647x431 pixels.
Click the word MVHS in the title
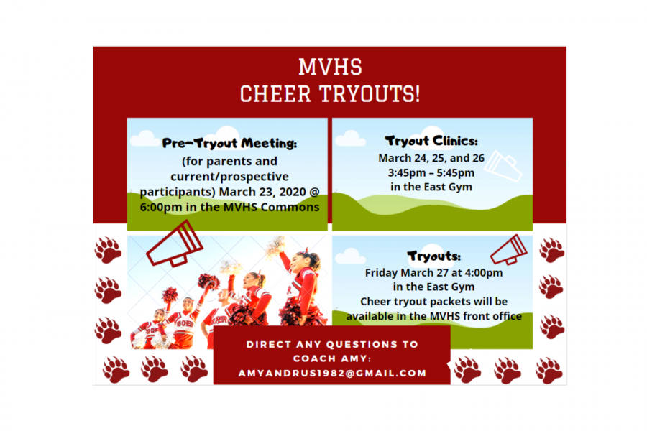coord(330,67)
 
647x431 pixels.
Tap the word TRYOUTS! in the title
coord(370,93)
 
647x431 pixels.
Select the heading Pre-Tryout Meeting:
coord(229,143)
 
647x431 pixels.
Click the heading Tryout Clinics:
coord(431,141)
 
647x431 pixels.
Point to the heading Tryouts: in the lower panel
coord(433,256)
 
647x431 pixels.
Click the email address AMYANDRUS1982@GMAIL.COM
coord(332,374)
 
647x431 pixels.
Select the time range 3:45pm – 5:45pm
coord(431,172)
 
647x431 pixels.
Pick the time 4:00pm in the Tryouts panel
coord(484,273)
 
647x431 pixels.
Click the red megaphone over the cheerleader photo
coord(175,244)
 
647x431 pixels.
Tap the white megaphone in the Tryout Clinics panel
coord(503,166)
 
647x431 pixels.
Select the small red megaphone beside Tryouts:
coord(509,249)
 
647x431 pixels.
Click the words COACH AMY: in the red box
coord(332,359)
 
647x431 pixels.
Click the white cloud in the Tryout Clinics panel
coord(350,139)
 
